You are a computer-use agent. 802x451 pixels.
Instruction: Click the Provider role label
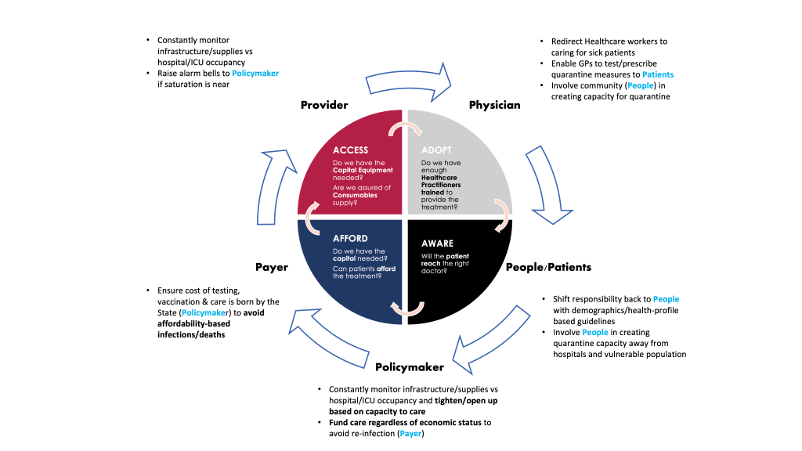pos(324,105)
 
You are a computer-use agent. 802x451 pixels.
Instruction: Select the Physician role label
pos(494,105)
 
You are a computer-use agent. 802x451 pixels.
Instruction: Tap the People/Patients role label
pos(548,267)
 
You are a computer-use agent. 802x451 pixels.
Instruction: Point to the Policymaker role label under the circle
pos(410,367)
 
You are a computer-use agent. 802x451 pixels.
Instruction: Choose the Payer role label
pos(272,267)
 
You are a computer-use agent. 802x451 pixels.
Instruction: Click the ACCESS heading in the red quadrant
pos(350,150)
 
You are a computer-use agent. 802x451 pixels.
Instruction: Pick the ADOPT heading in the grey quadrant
pos(436,150)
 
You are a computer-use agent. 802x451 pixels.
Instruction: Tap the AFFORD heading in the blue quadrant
pos(350,239)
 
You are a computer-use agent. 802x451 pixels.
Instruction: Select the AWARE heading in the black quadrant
pos(437,244)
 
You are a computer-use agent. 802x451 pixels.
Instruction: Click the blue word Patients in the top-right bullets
pos(658,74)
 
